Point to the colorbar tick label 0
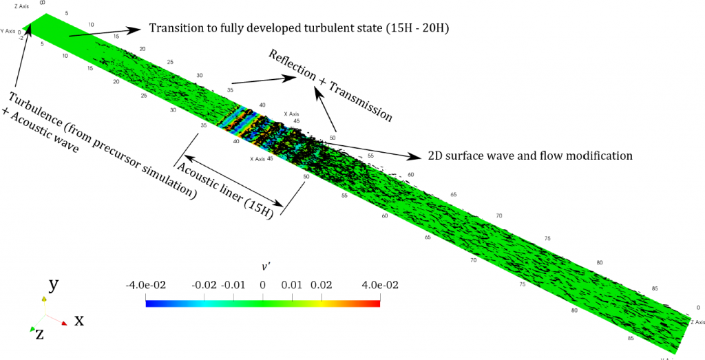262,284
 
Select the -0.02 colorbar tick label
204,284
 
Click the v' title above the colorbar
262,266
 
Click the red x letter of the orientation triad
79,319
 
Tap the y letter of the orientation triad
52,285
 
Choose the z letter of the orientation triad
40,335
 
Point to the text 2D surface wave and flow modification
529,155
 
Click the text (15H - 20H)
424,28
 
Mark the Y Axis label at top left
8,30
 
